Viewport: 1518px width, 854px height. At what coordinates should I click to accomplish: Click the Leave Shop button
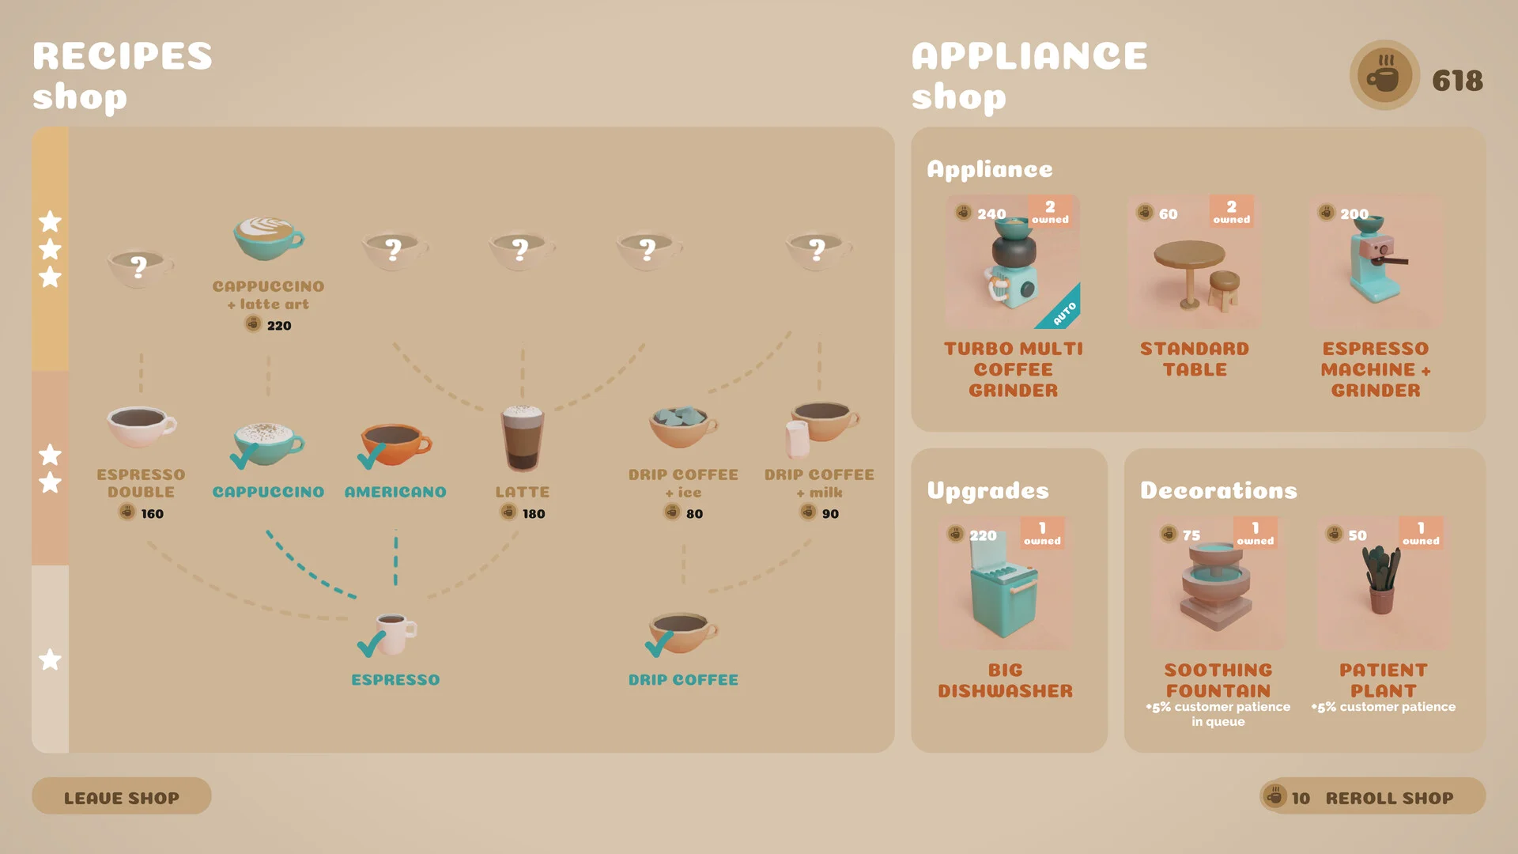click(x=121, y=796)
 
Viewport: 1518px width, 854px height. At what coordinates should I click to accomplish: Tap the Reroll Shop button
click(x=1372, y=796)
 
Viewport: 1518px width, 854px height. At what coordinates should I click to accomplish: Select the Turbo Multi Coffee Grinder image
click(x=1013, y=263)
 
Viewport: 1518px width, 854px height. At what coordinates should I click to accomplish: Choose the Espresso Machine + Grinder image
click(x=1376, y=263)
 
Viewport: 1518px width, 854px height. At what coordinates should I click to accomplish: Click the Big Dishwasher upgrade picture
click(x=1004, y=585)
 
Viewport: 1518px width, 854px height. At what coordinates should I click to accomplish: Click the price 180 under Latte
click(x=534, y=514)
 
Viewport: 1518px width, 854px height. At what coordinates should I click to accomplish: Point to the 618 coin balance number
click(x=1457, y=81)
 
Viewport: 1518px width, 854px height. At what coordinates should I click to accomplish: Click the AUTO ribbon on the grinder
click(x=1064, y=313)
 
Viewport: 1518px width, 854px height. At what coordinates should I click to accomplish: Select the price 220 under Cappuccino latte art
click(x=279, y=326)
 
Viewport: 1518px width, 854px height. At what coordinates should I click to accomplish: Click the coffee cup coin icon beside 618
click(x=1384, y=76)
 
